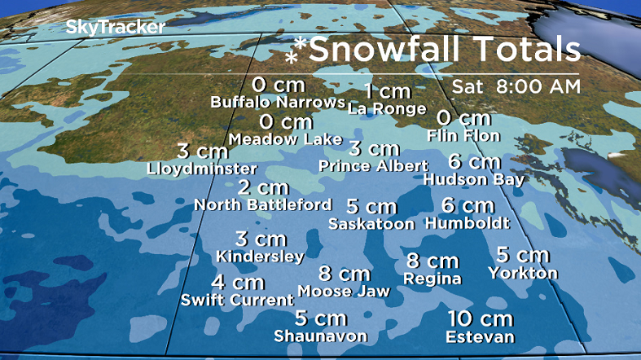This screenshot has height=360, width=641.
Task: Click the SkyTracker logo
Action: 116,27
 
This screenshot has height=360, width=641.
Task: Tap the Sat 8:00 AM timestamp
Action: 517,86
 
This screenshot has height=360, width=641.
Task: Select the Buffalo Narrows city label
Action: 277,103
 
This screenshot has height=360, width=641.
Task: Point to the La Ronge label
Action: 387,108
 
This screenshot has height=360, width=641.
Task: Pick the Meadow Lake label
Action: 285,139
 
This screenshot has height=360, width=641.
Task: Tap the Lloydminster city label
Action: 202,169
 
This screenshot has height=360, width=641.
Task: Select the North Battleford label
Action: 262,204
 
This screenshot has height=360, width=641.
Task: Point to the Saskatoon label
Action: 371,223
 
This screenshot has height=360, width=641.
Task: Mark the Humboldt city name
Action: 468,222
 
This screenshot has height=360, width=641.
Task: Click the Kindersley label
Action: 260,256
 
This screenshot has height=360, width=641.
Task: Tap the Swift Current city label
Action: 237,300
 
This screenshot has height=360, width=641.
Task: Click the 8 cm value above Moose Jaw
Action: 344,274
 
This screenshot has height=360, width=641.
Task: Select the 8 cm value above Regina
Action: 432,261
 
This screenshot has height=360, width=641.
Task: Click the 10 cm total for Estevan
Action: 480,318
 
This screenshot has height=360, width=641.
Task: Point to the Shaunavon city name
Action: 320,336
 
